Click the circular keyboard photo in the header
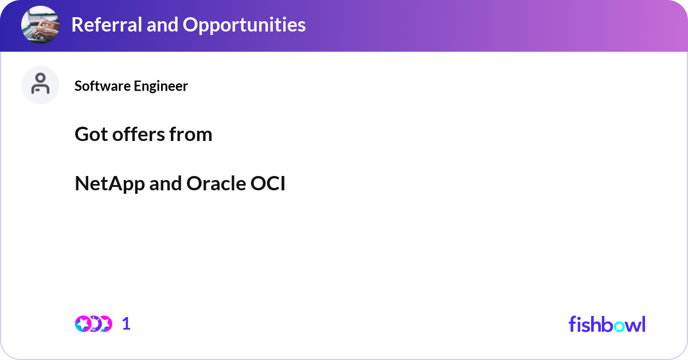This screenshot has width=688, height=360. [40, 25]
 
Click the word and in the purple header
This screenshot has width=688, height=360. [162, 25]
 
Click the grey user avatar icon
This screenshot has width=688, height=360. [40, 85]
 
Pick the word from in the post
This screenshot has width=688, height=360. [191, 134]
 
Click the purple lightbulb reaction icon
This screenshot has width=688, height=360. [95, 324]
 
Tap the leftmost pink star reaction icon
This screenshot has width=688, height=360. [83, 324]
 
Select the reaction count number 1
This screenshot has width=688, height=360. [126, 324]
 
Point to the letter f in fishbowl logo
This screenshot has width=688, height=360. [572, 324]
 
